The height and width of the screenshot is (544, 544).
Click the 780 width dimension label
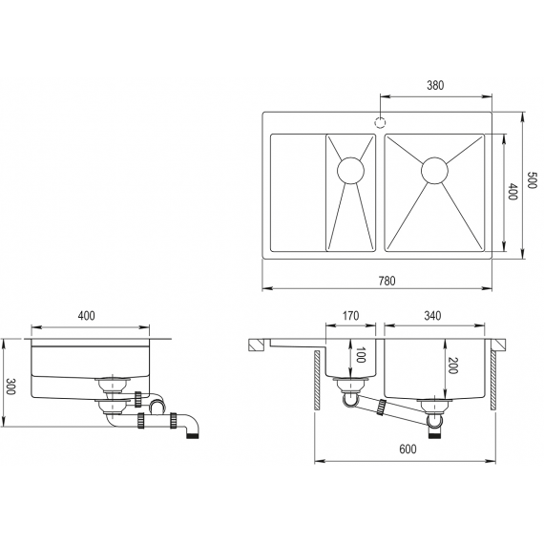click(387, 281)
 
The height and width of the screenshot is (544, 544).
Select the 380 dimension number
click(435, 85)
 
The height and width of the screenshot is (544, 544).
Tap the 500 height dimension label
click(532, 179)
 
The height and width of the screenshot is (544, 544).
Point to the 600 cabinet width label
click(408, 449)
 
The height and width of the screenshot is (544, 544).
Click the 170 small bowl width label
click(351, 317)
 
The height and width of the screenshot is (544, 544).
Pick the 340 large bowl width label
click(432, 316)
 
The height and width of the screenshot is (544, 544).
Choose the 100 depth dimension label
click(361, 355)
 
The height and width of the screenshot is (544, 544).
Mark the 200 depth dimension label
click(452, 366)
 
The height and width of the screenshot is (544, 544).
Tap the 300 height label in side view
click(10, 387)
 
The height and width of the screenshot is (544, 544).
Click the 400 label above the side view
click(86, 316)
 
